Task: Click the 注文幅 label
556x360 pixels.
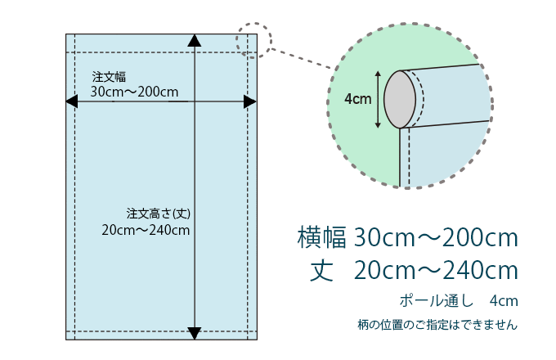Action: [109, 77]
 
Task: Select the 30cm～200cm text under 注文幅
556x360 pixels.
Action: [134, 92]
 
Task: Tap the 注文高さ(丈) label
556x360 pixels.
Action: [158, 214]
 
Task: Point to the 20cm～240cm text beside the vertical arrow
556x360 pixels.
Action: [146, 230]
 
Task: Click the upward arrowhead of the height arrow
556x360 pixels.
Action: [195, 40]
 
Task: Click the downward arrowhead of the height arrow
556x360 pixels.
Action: [195, 333]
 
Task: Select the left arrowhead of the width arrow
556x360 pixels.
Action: [72, 101]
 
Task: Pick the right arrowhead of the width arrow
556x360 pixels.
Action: [250, 101]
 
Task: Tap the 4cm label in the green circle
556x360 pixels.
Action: [358, 99]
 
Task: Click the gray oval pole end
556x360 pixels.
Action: [400, 99]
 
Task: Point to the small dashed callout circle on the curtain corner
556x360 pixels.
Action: [254, 40]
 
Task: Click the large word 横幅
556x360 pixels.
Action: [322, 237]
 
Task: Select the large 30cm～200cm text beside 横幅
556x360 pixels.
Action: [436, 237]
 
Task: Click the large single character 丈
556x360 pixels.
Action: [321, 271]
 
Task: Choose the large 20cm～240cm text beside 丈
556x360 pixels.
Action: [436, 271]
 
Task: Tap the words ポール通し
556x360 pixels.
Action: [437, 301]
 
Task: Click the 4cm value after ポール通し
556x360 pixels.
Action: [504, 301]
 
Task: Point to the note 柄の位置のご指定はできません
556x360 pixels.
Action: [437, 325]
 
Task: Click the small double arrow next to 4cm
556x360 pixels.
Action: [378, 99]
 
